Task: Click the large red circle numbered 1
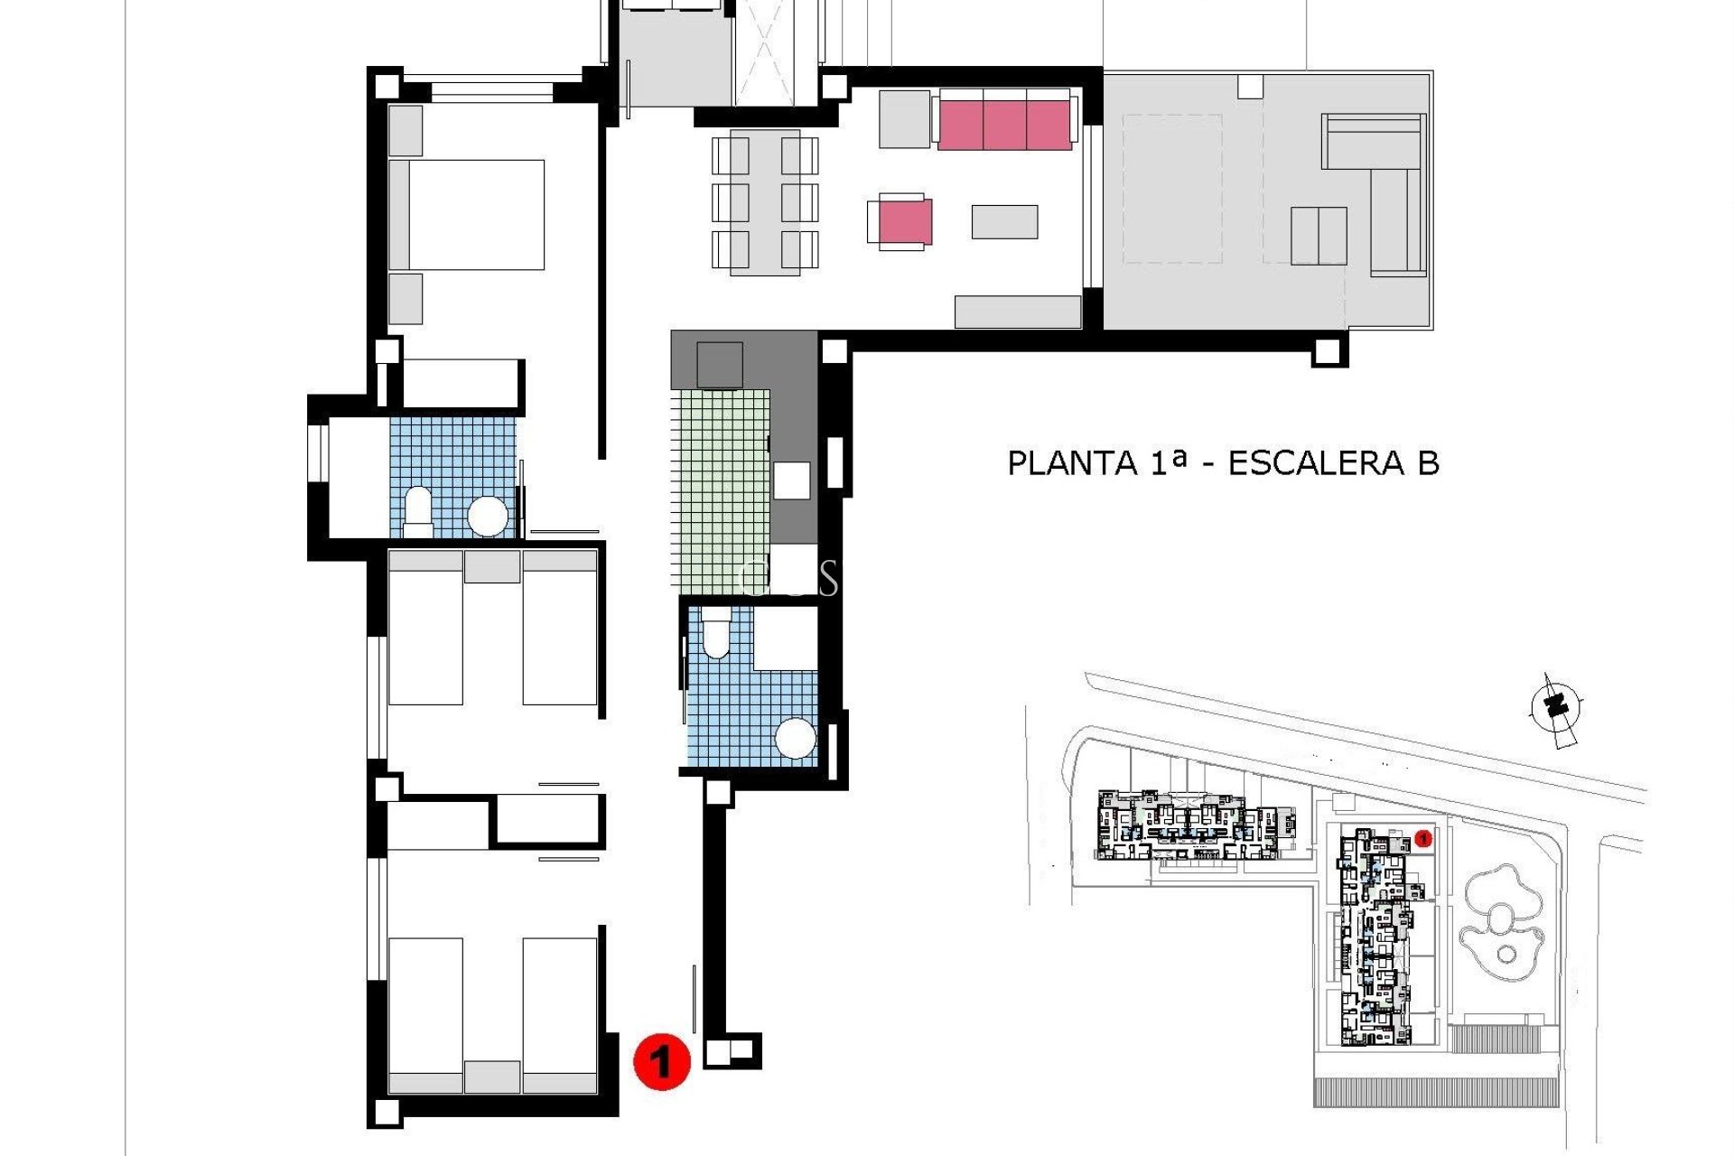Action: point(662,1061)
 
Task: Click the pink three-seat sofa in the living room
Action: point(1004,125)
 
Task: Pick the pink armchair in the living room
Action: point(904,221)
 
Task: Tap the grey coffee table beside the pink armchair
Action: point(1004,221)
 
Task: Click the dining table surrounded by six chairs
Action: point(765,202)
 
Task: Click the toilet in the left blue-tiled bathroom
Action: point(417,508)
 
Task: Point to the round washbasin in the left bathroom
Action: point(489,517)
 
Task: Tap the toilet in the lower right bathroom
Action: point(715,632)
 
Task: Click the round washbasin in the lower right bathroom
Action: point(796,739)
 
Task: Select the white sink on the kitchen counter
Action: point(791,480)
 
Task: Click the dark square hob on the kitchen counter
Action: point(720,365)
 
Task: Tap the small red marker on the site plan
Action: point(1423,839)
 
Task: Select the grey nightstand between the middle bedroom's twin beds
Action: point(492,566)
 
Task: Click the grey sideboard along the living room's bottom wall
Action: point(1018,312)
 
